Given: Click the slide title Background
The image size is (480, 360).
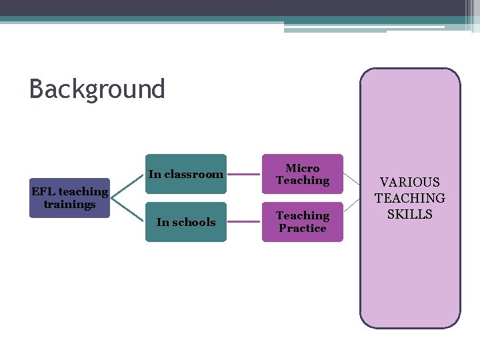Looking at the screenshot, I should [97, 89].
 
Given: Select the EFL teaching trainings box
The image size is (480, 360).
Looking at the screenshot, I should [69, 198].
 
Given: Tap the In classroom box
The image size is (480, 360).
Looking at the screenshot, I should [186, 174].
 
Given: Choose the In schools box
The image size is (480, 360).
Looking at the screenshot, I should [186, 222].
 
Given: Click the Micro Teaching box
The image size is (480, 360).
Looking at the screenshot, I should [302, 174].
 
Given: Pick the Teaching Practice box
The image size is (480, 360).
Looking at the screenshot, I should [302, 222].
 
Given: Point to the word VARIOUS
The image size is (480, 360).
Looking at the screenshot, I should [410, 182].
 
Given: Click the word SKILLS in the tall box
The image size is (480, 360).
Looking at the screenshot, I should [410, 214].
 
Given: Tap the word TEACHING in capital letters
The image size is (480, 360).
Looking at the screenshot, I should [410, 198].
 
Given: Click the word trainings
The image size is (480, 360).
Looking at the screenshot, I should [69, 205].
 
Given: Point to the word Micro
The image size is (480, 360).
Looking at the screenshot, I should [303, 168].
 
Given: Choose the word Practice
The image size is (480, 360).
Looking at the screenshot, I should [303, 229].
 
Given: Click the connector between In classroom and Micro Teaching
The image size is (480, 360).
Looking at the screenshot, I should [243, 175].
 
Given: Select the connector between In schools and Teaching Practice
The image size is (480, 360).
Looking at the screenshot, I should [243, 222].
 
